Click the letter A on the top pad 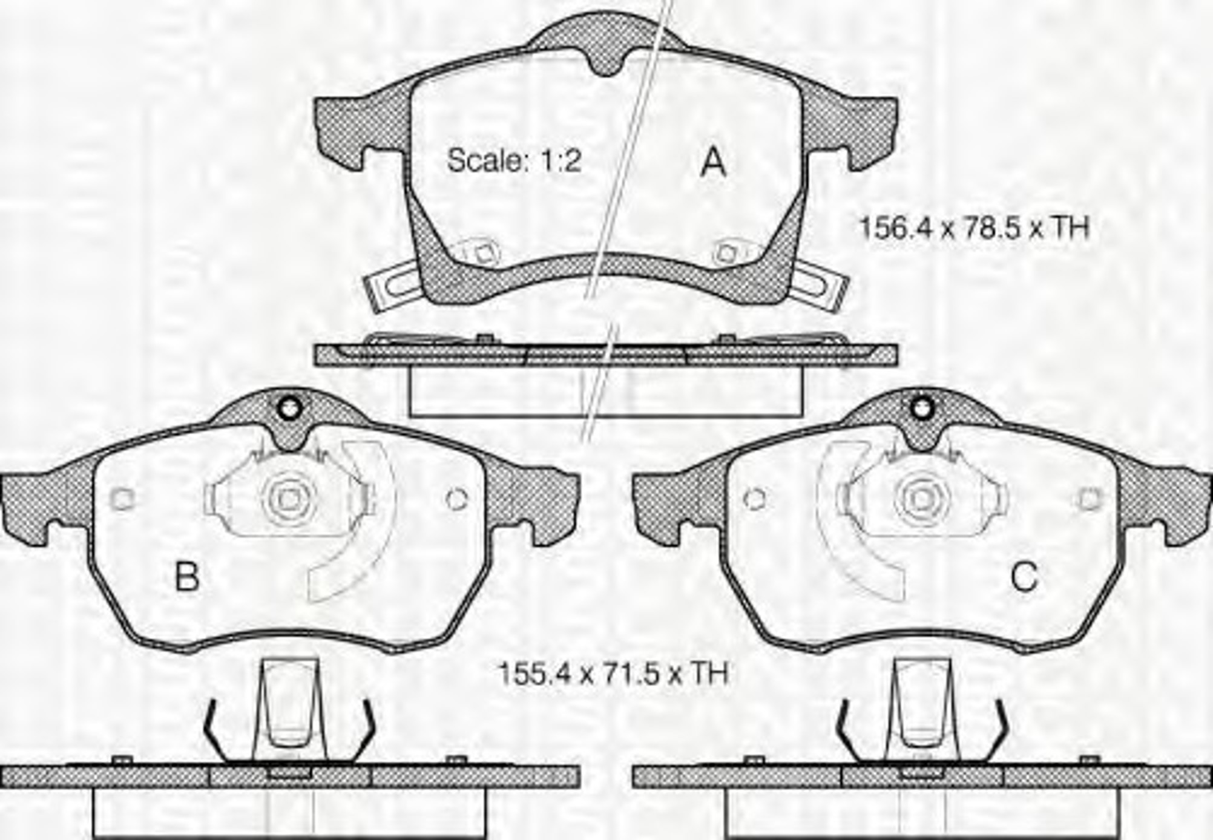click(712, 162)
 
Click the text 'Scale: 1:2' click(514, 160)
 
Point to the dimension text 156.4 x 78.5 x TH click(974, 228)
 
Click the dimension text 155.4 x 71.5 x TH click(612, 674)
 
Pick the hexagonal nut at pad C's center click(922, 499)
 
